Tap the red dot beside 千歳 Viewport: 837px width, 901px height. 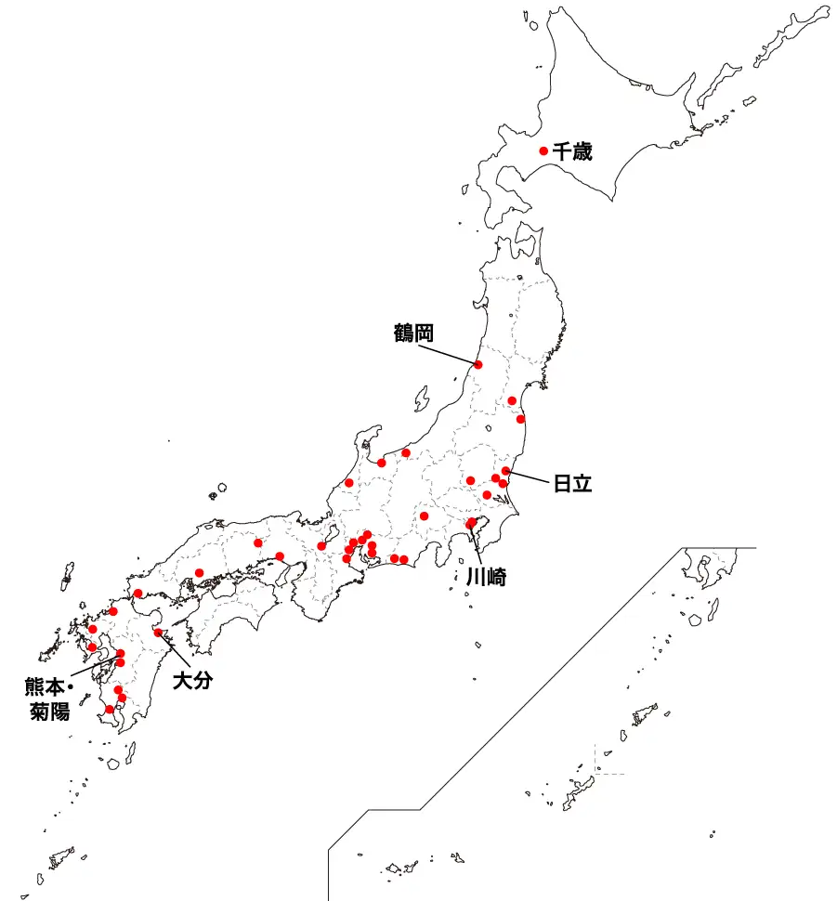pos(543,150)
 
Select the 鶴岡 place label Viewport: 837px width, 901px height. pos(413,333)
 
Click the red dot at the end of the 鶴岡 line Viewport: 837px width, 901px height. pos(479,365)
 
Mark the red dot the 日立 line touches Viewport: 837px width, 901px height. pos(506,471)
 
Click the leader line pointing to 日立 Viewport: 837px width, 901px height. pos(530,477)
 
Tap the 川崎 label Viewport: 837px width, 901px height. pos(485,575)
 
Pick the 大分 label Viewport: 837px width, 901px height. pos(193,681)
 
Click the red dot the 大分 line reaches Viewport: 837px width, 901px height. pos(158,633)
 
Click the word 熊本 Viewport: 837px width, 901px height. pos(45,688)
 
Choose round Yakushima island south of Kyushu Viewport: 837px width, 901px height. pos(112,763)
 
